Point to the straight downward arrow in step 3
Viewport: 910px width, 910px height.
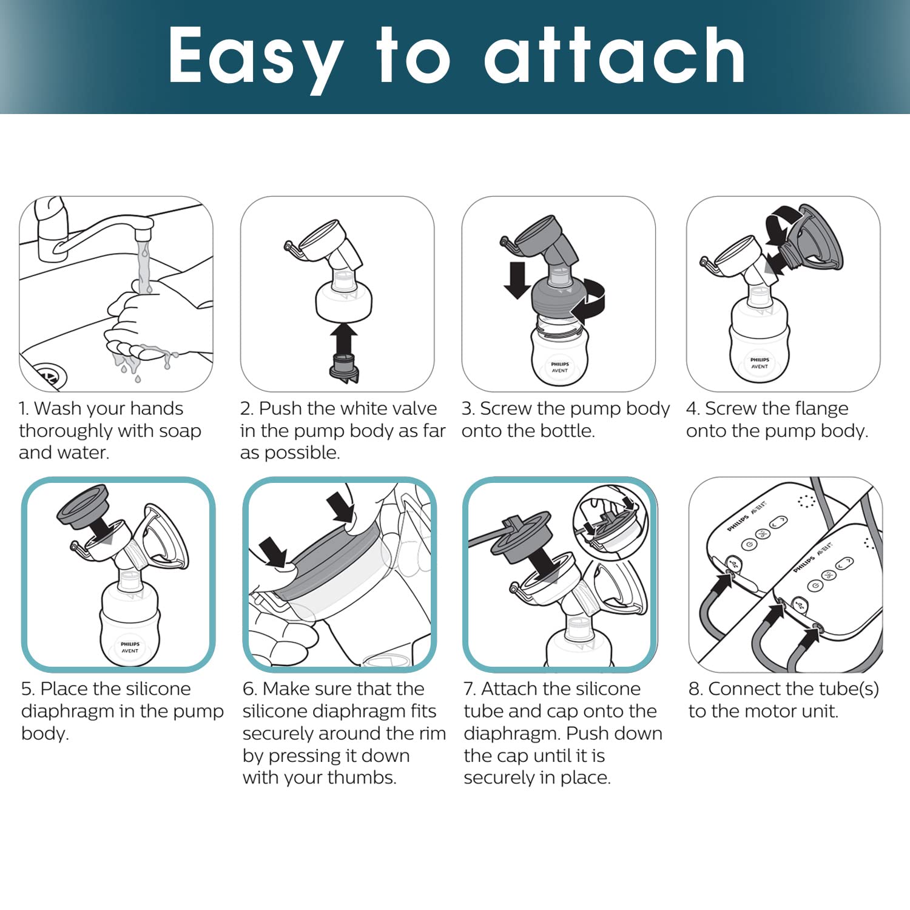[517, 280]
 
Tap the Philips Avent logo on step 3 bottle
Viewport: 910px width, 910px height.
[559, 367]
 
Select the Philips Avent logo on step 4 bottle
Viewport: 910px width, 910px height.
[760, 363]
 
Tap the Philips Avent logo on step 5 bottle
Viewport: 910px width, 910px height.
[130, 647]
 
